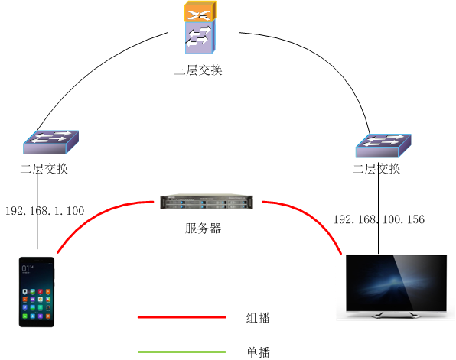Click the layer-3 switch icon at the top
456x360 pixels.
point(200,28)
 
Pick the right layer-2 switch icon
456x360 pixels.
point(383,143)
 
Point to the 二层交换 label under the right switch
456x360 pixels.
point(376,169)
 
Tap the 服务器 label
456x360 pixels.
point(203,228)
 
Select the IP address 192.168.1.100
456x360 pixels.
point(44,210)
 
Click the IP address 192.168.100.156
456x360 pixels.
point(379,220)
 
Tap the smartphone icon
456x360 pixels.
point(37,292)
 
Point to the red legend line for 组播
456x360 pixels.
point(182,316)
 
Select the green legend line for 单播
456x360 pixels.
point(182,352)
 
